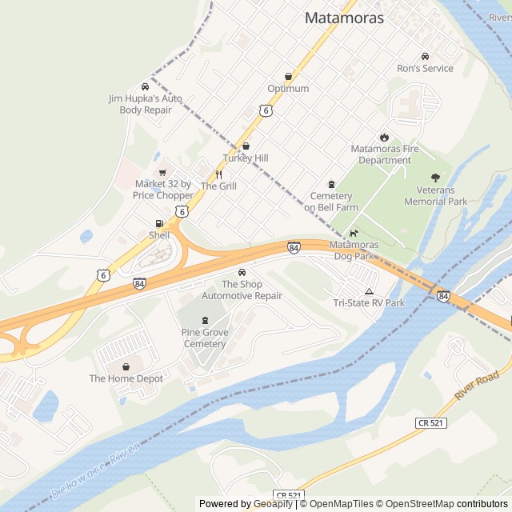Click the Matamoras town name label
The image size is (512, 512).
pos(344,18)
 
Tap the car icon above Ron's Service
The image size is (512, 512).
pos(425,56)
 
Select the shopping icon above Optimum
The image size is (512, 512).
pos(288,77)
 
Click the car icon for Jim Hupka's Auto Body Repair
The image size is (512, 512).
pos(145,86)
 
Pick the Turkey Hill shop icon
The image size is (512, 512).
pos(246,146)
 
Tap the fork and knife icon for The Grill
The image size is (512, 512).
pos(218,174)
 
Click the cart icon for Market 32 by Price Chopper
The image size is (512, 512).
pos(162,173)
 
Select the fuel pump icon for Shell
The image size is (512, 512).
pos(159,224)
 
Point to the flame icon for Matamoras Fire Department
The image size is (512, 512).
pos(384,137)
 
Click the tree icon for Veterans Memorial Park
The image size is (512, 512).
pos(435,178)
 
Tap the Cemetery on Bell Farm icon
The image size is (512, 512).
pos(330,185)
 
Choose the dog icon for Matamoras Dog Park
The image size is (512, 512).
pos(353,233)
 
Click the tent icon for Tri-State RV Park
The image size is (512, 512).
pos(369,291)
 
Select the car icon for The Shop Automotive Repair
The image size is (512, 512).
pos(242,273)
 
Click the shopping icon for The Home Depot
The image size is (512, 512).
pos(126,366)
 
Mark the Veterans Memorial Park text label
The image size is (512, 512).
pos(435,196)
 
